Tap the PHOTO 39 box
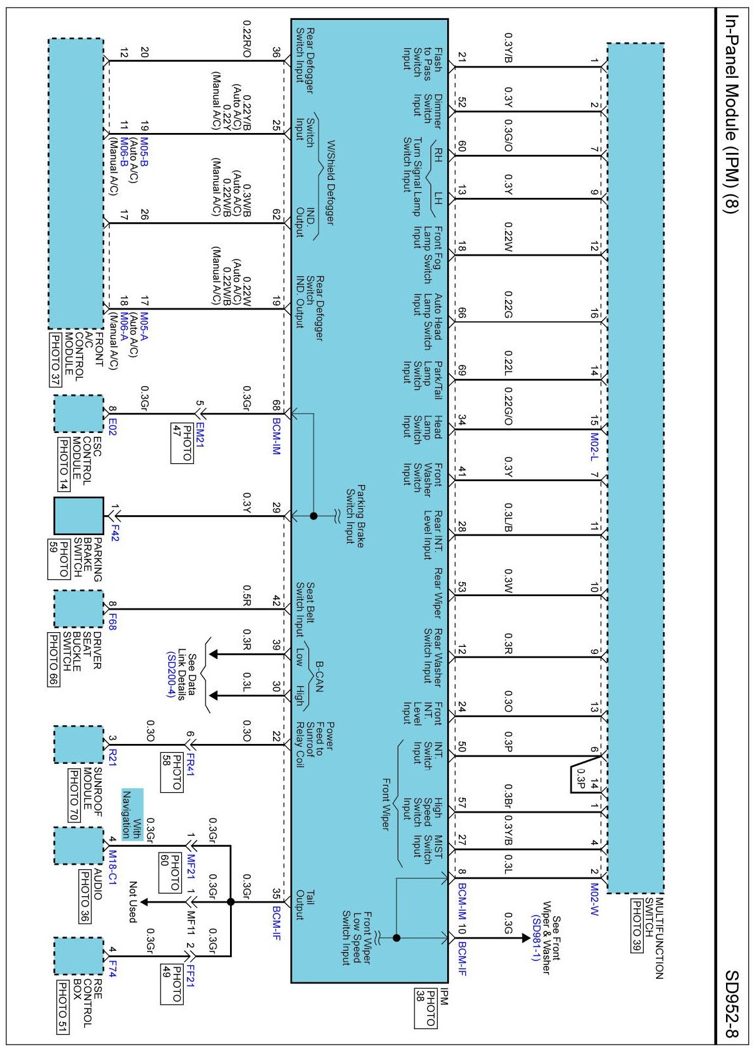pos(637,926)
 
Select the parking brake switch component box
pos(78,515)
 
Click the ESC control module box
pos(78,414)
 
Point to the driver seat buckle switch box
pos(78,608)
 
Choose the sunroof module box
pos(78,745)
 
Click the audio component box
pos(78,846)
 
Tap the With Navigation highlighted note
pos(132,815)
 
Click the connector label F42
pos(114,533)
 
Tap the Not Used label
pos(133,902)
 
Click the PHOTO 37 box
pos(55,359)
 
